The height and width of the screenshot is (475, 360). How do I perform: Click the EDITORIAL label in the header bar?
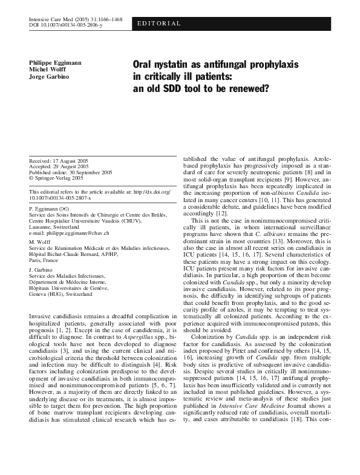tap(160, 24)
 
